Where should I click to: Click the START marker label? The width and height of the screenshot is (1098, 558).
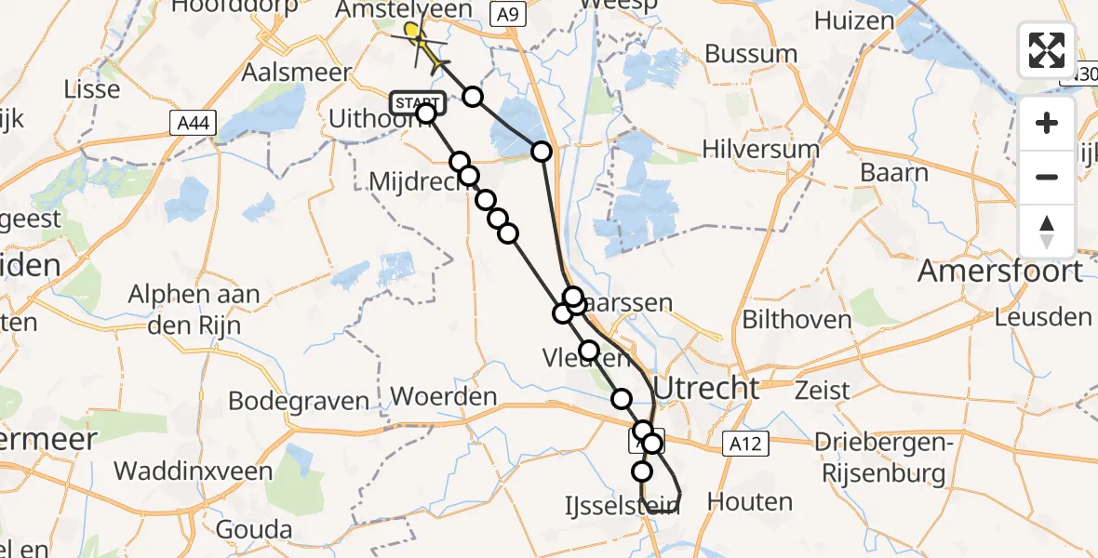pyautogui.click(x=418, y=101)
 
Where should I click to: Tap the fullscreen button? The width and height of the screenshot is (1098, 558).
pyautogui.click(x=1047, y=50)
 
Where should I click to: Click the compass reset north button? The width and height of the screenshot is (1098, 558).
pyautogui.click(x=1047, y=231)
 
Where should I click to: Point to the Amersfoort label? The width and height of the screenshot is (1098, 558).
pyautogui.click(x=1000, y=272)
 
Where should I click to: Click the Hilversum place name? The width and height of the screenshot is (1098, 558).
pyautogui.click(x=761, y=149)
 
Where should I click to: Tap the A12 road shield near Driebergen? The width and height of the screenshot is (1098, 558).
pyautogui.click(x=745, y=445)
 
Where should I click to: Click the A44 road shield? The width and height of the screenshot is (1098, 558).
pyautogui.click(x=189, y=122)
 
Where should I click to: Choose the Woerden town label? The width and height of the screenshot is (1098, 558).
pyautogui.click(x=444, y=396)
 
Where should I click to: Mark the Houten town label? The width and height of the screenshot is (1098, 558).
pyautogui.click(x=750, y=502)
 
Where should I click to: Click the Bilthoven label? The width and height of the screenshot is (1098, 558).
pyautogui.click(x=797, y=320)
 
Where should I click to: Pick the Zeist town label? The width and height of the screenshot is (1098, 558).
pyautogui.click(x=823, y=390)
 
